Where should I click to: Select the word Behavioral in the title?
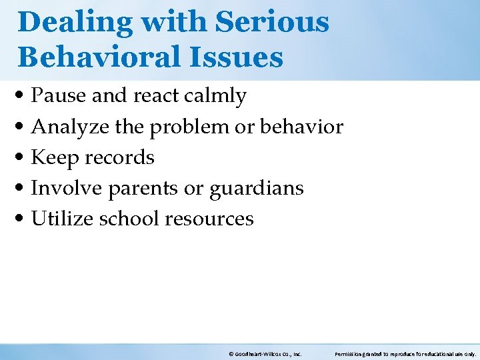pyautogui.click(x=91, y=57)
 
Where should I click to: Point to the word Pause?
pyautogui.click(x=59, y=96)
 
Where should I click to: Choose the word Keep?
pyautogui.click(x=53, y=158)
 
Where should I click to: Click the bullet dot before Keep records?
pyautogui.click(x=23, y=159)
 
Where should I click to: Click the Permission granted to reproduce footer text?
pyautogui.click(x=405, y=354)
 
